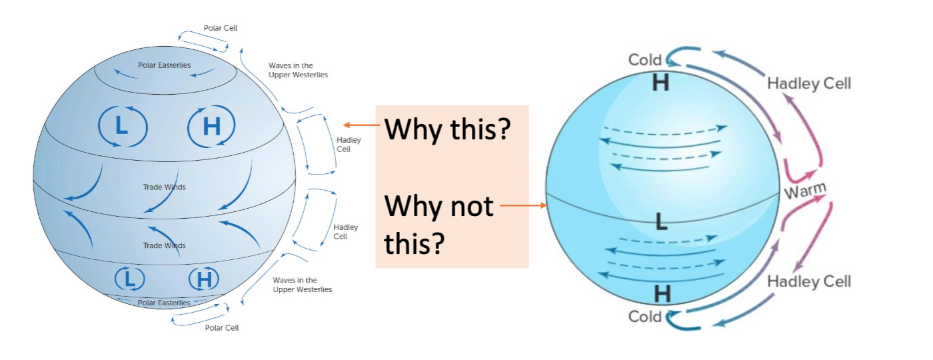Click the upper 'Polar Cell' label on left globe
[x=221, y=28]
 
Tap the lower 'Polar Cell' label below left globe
[x=222, y=327]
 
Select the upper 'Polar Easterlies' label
[x=165, y=65]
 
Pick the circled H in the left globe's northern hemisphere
[x=211, y=125]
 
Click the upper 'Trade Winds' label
[x=165, y=187]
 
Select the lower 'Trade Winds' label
[x=165, y=245]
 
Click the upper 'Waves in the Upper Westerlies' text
[x=298, y=70]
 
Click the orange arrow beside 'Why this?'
[x=362, y=125]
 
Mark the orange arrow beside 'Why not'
[x=523, y=206]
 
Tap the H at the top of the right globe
[x=661, y=83]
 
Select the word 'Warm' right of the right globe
[x=804, y=192]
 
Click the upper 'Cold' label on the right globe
[x=645, y=60]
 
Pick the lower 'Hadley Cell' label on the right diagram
[x=809, y=281]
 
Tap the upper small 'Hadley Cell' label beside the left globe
[x=344, y=144]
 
